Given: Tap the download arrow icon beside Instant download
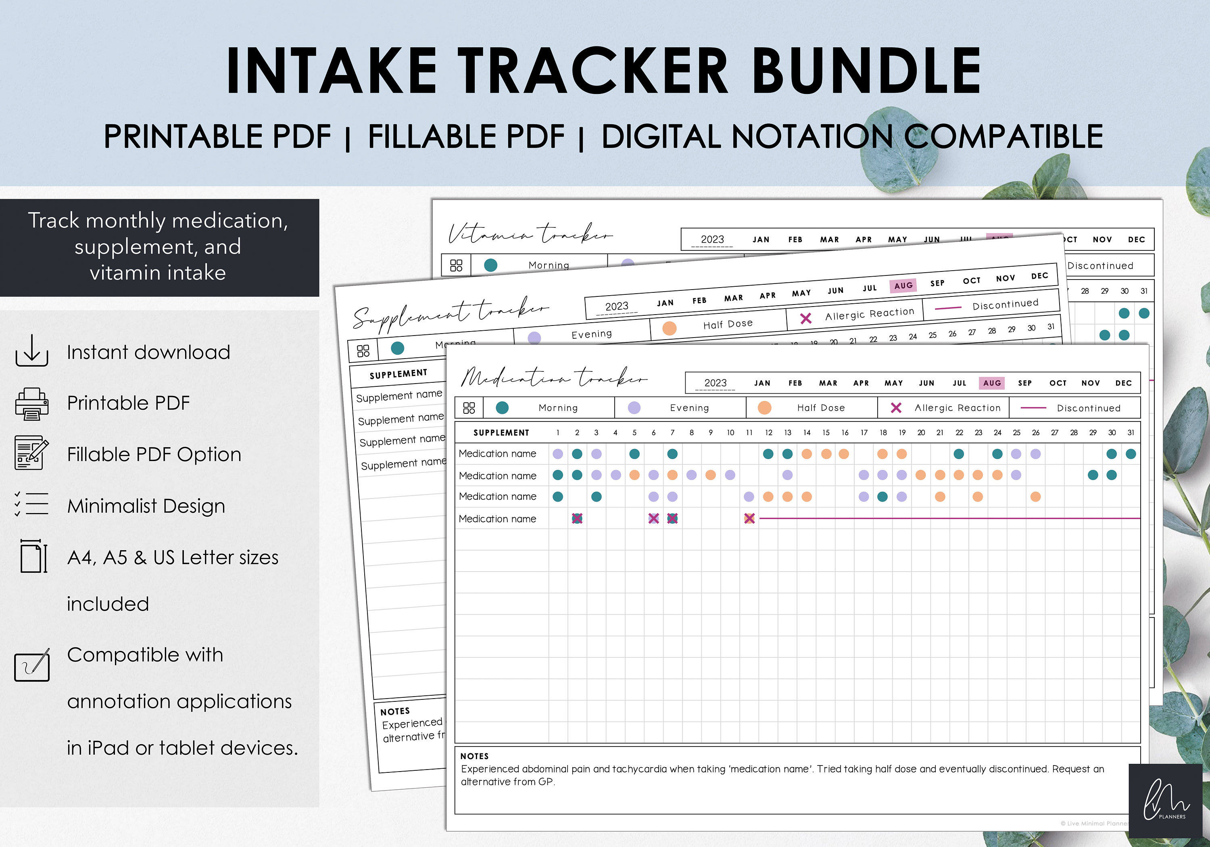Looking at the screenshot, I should point(31,350).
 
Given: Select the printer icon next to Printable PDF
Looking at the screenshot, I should point(31,404).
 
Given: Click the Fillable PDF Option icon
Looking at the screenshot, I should point(31,453).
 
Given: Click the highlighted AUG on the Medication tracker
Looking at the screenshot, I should point(991,383).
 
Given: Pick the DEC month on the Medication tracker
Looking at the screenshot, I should point(1123,383).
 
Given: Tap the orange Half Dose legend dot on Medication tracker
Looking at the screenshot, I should point(764,407).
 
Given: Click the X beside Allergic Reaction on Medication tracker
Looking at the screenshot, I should point(896,407).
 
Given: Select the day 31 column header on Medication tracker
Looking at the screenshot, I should point(1131,432).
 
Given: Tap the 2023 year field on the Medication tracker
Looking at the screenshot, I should point(715,383).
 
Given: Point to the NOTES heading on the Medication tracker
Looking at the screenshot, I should point(474,756).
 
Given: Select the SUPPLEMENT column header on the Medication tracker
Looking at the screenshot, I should point(501,433).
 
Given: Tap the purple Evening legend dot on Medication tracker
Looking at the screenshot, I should point(634,407).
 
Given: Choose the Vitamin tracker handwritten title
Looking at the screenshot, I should point(530,234).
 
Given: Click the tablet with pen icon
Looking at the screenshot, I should point(31,665).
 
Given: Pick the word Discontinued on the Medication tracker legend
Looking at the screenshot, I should point(1088,408).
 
